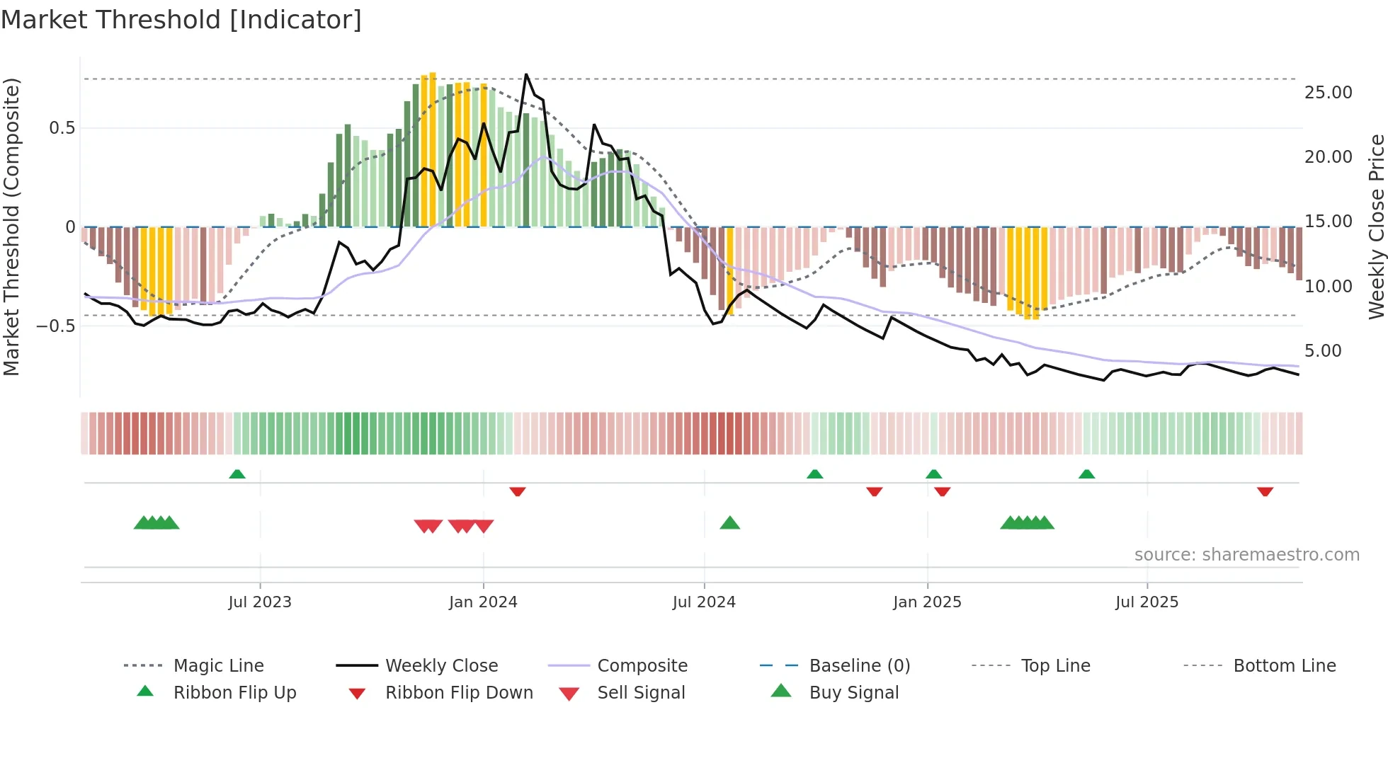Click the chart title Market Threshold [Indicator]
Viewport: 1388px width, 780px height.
pos(181,20)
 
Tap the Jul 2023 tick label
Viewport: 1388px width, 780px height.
pos(259,602)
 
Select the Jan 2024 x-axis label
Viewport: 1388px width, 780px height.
pos(483,602)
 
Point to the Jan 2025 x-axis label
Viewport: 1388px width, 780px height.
pos(927,602)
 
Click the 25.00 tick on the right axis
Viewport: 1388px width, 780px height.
pos(1328,93)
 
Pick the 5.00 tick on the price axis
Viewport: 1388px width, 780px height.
pos(1322,351)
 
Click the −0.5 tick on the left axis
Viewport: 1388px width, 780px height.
pos(56,326)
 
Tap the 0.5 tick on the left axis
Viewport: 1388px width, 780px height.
pos(62,128)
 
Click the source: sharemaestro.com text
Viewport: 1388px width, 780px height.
pos(1246,555)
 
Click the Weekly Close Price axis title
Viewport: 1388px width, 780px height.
pos(1376,226)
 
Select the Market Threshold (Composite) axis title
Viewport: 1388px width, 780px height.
pos(11,226)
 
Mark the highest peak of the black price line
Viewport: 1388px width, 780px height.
pos(526,74)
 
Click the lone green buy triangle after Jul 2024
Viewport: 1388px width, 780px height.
pos(729,523)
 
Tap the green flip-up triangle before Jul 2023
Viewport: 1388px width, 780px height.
pos(237,474)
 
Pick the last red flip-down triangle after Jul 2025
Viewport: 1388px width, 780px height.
pos(1265,492)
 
